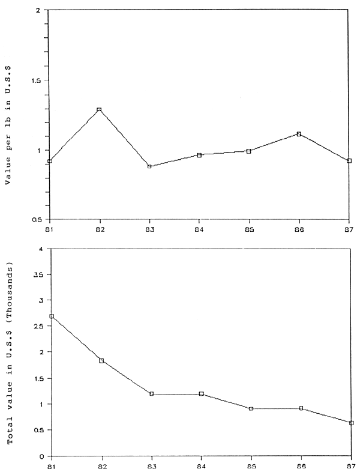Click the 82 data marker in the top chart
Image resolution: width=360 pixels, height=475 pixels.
click(99, 110)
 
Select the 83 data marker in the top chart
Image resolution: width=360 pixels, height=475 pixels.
click(149, 166)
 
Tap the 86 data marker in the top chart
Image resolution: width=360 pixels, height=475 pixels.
click(299, 134)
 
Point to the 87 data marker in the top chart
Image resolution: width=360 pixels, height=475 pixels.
click(349, 161)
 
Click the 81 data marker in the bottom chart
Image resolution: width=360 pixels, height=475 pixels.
click(51, 316)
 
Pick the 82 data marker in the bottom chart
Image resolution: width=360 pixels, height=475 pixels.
click(102, 361)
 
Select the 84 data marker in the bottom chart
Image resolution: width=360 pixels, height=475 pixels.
click(202, 394)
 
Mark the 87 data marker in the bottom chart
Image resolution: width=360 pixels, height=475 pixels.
click(351, 423)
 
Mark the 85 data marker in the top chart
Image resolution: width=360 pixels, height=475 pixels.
click(248, 151)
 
